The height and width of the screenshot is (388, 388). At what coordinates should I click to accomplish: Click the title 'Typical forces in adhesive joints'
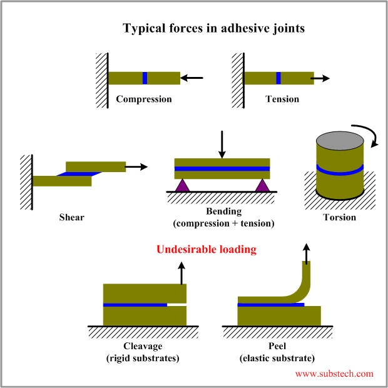pos(213,29)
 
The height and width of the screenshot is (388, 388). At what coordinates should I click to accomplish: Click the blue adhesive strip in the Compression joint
pos(145,78)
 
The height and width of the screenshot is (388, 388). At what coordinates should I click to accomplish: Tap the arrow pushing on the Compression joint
pos(193,78)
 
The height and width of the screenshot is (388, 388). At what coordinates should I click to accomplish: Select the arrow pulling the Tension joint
pos(321,78)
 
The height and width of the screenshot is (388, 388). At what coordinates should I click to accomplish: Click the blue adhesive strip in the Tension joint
pos(278,78)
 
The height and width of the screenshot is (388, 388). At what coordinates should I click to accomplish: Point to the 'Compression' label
pos(144,99)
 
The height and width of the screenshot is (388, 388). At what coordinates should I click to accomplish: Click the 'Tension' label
pos(282,99)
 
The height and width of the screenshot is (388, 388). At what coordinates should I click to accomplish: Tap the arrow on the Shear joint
pos(136,166)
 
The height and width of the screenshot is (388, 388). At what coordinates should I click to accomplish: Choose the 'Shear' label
pos(71,217)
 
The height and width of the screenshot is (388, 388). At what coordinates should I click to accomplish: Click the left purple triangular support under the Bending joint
pos(182,185)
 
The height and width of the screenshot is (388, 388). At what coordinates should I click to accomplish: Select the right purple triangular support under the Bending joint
pos(262,185)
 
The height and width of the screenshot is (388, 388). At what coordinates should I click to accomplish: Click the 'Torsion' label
pos(340,217)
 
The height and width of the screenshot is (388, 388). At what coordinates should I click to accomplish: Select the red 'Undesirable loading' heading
pos(207,249)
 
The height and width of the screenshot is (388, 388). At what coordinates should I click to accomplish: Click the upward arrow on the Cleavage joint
pos(182,272)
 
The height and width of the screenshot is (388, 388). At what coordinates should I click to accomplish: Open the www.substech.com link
pos(334,374)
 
